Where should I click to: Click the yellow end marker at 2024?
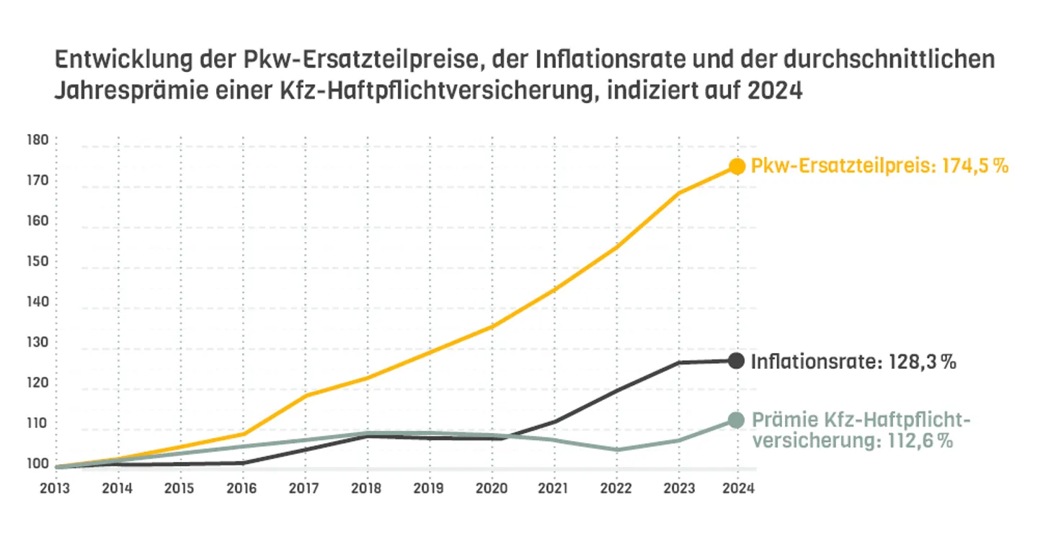[736, 166]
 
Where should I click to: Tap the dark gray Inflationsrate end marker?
[736, 361]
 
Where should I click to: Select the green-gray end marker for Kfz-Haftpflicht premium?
[736, 420]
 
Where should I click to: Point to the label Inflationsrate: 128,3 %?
[853, 362]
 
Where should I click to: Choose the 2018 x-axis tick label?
[366, 488]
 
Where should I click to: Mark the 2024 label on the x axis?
[737, 488]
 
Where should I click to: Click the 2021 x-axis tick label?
[554, 488]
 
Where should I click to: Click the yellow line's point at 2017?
[306, 396]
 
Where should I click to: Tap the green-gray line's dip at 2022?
[616, 450]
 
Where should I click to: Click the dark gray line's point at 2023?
[678, 362]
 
